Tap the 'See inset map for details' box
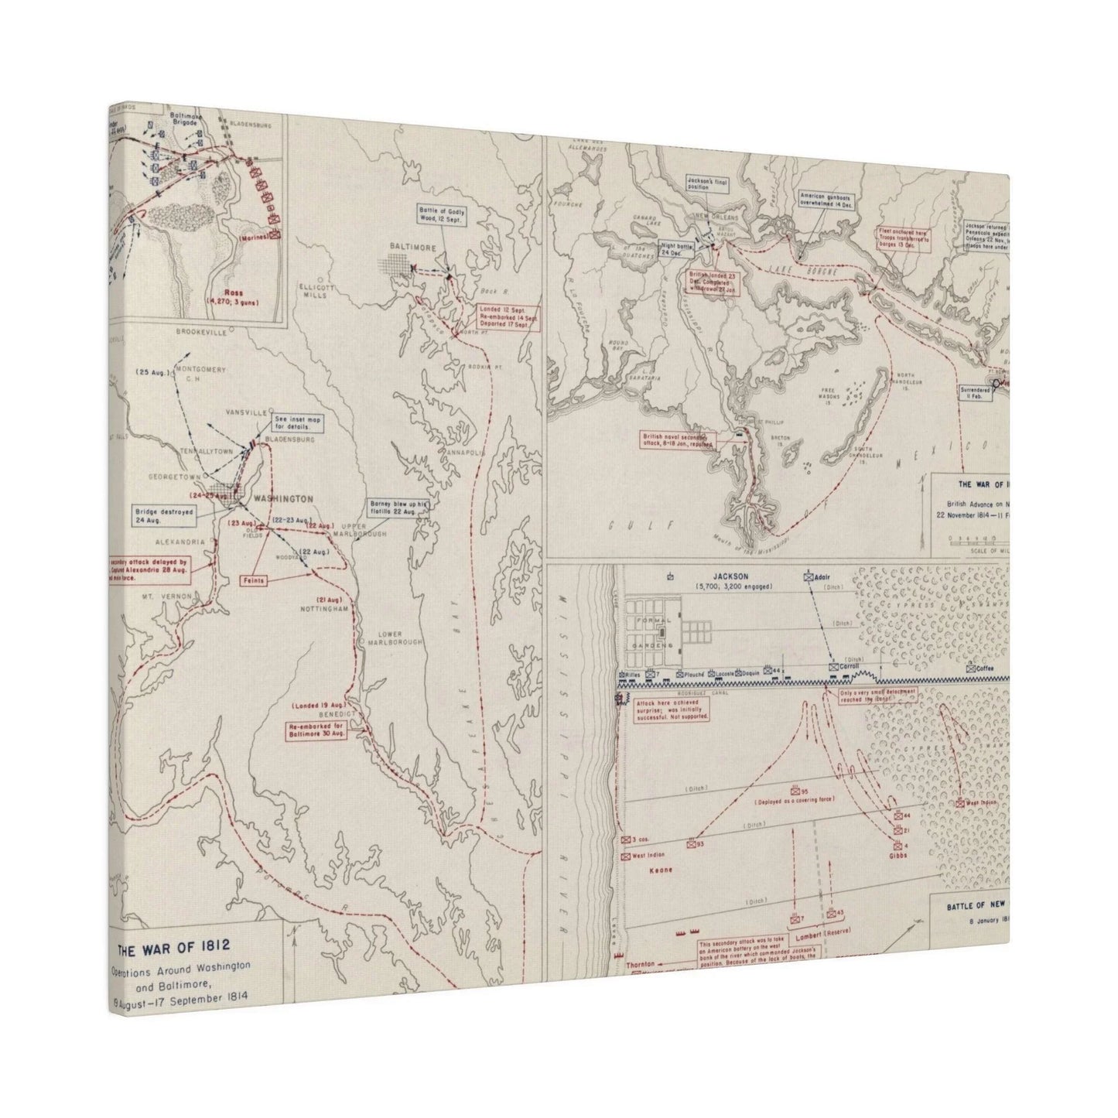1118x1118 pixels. click(x=298, y=423)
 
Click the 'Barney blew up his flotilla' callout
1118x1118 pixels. click(x=398, y=508)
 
